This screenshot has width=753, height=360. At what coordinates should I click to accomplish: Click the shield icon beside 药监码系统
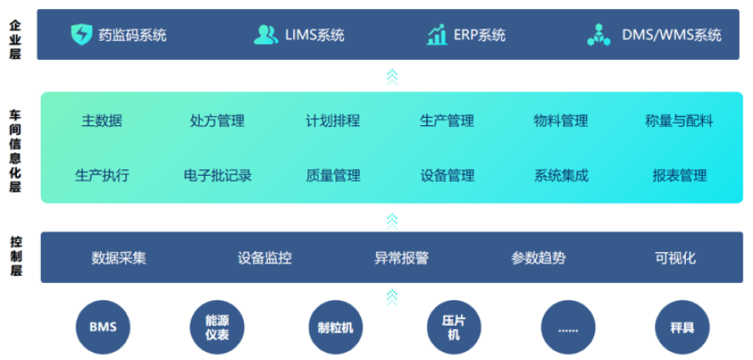(x=82, y=34)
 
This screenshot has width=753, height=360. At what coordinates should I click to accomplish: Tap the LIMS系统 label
(x=315, y=35)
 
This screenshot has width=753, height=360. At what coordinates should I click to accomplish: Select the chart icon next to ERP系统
(x=437, y=34)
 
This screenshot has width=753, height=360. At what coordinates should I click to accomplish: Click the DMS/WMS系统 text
(x=672, y=35)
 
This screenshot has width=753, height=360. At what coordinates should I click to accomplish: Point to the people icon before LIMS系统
(x=265, y=34)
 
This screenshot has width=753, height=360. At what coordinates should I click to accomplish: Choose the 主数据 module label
(x=101, y=121)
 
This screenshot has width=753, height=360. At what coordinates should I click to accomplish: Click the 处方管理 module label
(x=217, y=121)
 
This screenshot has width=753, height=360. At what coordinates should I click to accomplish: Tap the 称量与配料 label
(x=679, y=121)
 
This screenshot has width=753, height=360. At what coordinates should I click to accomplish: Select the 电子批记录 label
(x=218, y=175)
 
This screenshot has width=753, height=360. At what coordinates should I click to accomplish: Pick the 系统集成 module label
(x=561, y=175)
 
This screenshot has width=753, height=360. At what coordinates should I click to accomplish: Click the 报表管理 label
(x=679, y=175)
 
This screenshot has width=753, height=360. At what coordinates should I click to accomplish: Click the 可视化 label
(x=675, y=258)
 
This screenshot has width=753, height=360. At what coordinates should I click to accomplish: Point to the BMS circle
(x=103, y=327)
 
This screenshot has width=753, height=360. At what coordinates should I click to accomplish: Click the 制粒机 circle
(x=336, y=327)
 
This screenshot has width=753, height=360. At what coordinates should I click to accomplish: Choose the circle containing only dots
(x=568, y=327)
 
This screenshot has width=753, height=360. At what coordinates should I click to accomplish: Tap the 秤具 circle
(x=682, y=327)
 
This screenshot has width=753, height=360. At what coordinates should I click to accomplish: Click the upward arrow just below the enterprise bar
(x=392, y=77)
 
